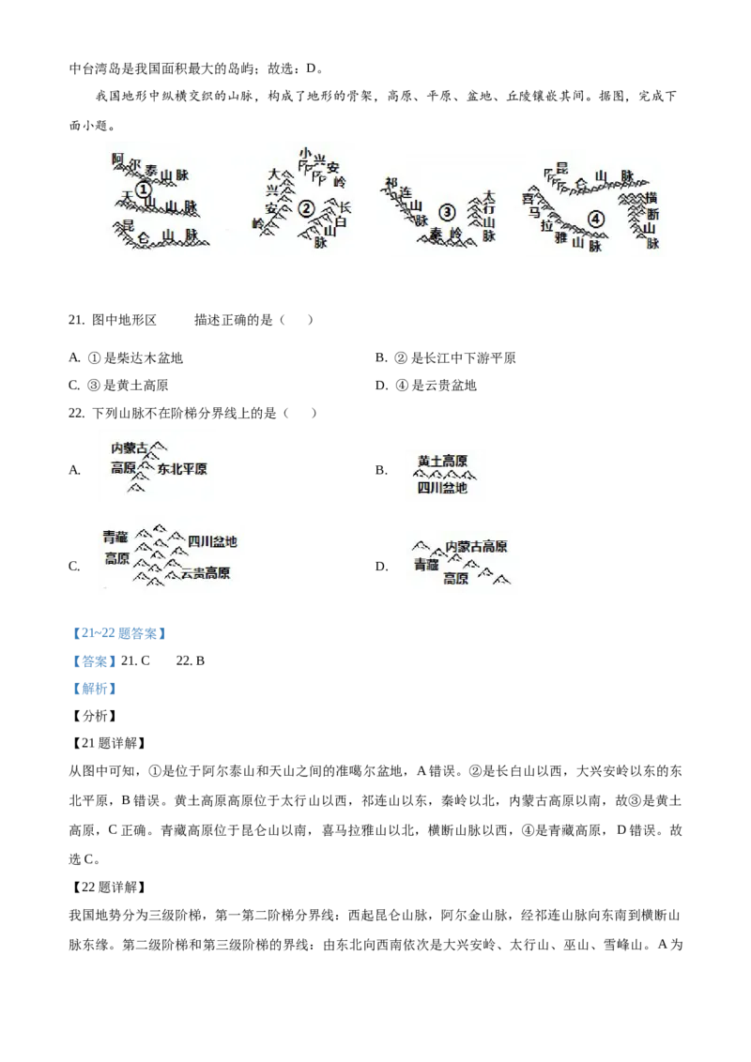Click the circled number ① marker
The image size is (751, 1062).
coord(143,190)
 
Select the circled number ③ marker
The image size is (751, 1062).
coord(447,212)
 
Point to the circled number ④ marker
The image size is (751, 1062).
coord(595,219)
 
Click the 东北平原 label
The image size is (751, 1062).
coord(182,468)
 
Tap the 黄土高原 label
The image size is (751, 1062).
coord(442,461)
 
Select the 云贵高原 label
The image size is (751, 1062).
coord(206,572)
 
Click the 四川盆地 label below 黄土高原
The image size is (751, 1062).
coord(441,488)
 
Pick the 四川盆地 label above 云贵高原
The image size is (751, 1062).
coord(212,541)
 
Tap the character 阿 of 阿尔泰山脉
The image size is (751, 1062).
coord(117,159)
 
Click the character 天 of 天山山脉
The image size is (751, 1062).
coord(129,196)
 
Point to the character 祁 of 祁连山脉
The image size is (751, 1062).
coord(391,182)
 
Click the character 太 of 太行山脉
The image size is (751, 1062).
coord(488,196)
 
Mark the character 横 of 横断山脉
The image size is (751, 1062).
coord(651,199)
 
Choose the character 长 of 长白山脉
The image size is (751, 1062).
coord(345,207)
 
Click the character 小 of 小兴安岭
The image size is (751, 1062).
coord(305,153)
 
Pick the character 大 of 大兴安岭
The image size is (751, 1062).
coord(273,174)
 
